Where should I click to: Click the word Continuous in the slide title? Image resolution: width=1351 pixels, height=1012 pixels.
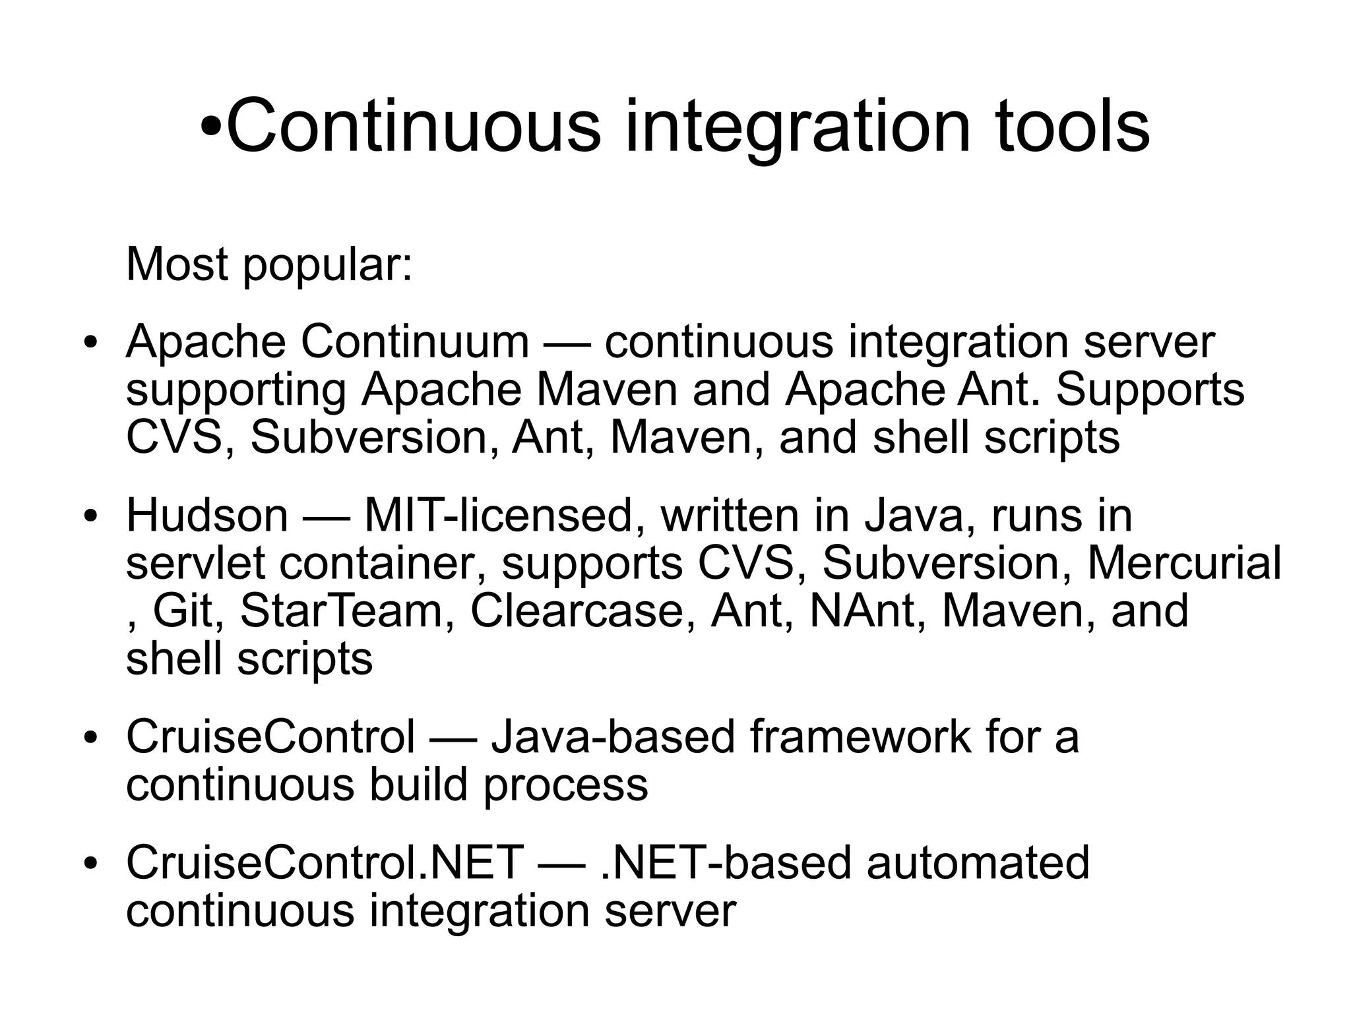pos(414,125)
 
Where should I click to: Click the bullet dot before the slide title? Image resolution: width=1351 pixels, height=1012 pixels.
pos(212,127)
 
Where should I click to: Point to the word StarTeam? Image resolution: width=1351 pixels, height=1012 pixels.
pos(341,610)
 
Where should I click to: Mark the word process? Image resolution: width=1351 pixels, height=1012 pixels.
pos(566,785)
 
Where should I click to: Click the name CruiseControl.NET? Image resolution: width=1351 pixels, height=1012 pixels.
pos(325,863)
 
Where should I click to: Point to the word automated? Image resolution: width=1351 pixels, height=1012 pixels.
pos(978,863)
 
